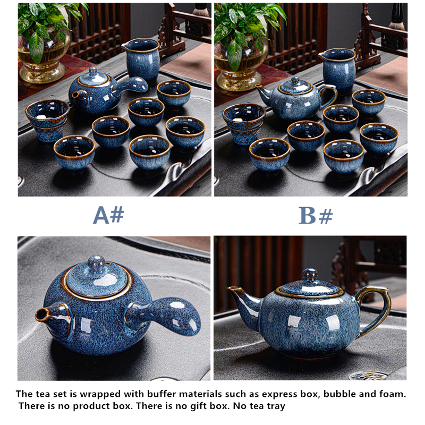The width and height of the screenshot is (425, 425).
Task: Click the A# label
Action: click(108, 215)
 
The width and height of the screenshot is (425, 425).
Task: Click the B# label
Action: click(316, 216)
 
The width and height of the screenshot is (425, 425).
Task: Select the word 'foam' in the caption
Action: click(392, 394)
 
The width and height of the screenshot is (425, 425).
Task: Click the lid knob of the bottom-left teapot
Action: click(96, 262)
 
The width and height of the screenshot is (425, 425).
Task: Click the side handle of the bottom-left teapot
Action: click(165, 315)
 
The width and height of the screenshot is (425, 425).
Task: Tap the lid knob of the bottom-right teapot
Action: click(310, 275)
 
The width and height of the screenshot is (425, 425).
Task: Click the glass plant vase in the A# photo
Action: click(44, 58)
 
